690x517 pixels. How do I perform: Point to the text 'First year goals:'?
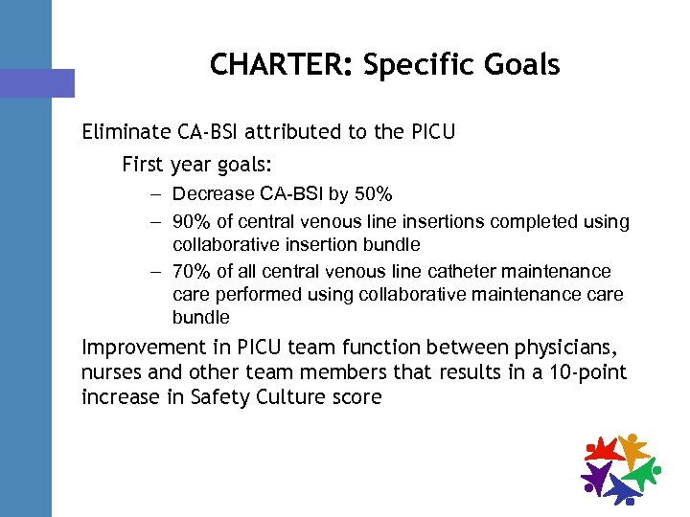[190, 165]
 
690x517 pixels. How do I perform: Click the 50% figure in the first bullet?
[373, 195]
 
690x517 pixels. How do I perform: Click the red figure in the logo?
[605, 448]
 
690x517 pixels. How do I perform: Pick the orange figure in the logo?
[632, 446]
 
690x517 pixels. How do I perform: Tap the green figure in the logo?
[641, 472]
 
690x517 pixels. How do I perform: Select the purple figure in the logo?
[596, 473]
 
